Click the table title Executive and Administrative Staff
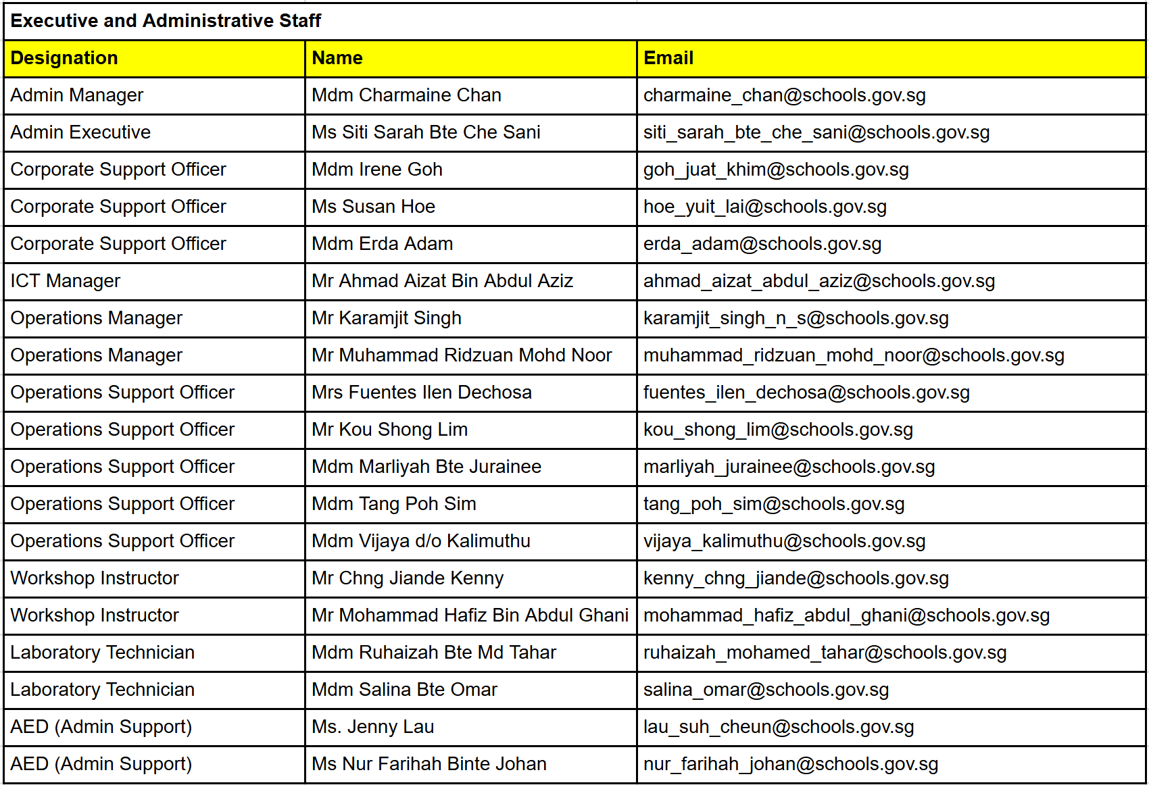pyautogui.click(x=166, y=21)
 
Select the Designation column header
pyautogui.click(x=64, y=58)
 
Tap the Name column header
pyautogui.click(x=337, y=58)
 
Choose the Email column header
pyautogui.click(x=668, y=58)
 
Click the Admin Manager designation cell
pyautogui.click(x=77, y=95)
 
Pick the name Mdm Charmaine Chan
pyautogui.click(x=406, y=95)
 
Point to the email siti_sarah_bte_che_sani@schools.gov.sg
pyautogui.click(x=816, y=132)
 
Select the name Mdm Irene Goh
pyautogui.click(x=377, y=170)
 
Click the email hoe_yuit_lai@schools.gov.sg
pyautogui.click(x=764, y=207)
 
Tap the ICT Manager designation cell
pyautogui.click(x=66, y=281)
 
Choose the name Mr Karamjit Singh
pyautogui.click(x=387, y=318)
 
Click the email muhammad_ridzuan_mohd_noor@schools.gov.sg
pyautogui.click(x=854, y=355)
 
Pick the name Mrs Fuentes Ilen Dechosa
pyautogui.click(x=422, y=392)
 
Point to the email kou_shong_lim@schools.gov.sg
pyautogui.click(x=778, y=430)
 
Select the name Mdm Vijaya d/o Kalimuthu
pyautogui.click(x=421, y=541)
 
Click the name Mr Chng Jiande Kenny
pyautogui.click(x=408, y=578)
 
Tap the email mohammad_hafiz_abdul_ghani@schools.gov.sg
pyautogui.click(x=846, y=615)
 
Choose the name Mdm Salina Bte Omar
pyautogui.click(x=404, y=690)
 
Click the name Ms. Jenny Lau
pyautogui.click(x=373, y=727)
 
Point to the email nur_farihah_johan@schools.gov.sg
pyautogui.click(x=791, y=764)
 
